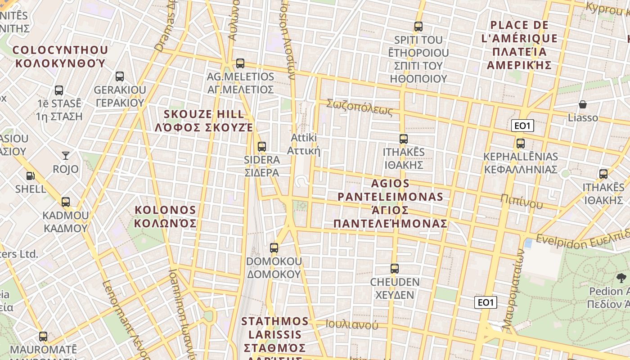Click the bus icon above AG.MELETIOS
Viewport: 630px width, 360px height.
240,63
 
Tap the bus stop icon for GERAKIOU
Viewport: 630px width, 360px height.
120,76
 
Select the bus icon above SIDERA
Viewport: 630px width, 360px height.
261,146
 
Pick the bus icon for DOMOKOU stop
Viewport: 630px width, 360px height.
274,247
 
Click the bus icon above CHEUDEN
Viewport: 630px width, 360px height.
395,269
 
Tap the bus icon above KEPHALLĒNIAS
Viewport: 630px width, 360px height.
521,144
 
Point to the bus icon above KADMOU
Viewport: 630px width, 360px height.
66,202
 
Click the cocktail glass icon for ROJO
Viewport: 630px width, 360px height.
66,156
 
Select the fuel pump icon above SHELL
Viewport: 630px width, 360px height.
31,175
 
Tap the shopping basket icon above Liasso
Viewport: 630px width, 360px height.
583,104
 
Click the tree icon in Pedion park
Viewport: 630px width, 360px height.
621,278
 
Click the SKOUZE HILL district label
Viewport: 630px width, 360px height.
204,121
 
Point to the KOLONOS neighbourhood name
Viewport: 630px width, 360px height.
166,216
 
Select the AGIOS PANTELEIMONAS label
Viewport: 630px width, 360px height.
391,203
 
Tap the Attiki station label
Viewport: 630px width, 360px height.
304,144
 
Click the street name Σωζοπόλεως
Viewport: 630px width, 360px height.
360,107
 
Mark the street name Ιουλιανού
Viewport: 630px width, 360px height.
352,324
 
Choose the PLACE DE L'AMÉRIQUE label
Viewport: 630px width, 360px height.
519,45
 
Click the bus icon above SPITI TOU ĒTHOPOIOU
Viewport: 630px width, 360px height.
418,26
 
